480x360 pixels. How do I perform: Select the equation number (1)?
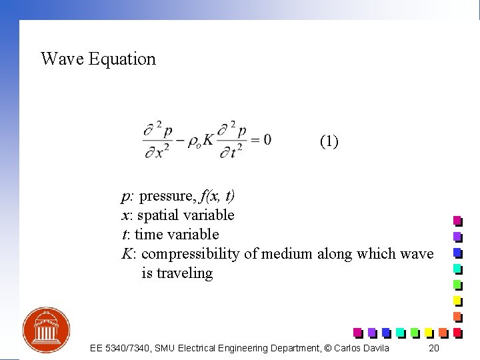point(329,141)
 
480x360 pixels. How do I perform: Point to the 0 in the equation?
point(267,139)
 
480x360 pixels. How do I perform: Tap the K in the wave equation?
point(208,141)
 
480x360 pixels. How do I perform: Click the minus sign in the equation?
point(180,140)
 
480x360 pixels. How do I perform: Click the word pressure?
point(167,196)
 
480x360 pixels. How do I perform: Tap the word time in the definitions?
point(149,235)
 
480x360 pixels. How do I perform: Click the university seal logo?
point(46,329)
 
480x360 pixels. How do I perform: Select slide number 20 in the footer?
point(433,348)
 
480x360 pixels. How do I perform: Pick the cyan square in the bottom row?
point(400,332)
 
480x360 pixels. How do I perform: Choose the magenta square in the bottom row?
point(357,332)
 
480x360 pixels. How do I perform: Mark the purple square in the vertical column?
point(457,236)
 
